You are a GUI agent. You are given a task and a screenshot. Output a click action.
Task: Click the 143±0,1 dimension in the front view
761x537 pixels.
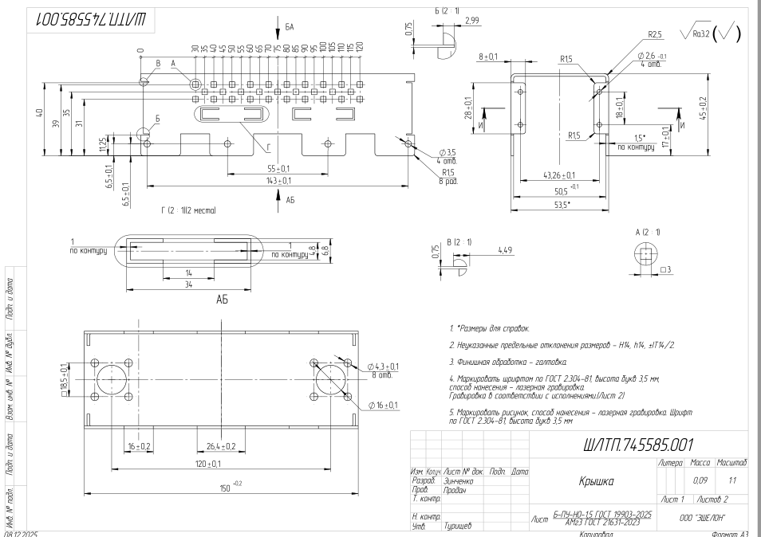pyautogui.click(x=277, y=179)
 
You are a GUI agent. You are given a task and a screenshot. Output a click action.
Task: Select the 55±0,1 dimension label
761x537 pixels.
pyautogui.click(x=277, y=168)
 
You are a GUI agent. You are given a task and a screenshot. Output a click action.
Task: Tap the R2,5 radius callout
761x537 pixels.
pyautogui.click(x=656, y=34)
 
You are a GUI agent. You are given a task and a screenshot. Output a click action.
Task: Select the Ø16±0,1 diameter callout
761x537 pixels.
pyautogui.click(x=384, y=405)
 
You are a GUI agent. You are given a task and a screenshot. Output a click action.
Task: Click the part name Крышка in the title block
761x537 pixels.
pyautogui.click(x=591, y=481)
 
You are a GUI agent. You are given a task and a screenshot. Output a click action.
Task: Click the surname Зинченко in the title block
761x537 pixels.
pyautogui.click(x=459, y=482)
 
